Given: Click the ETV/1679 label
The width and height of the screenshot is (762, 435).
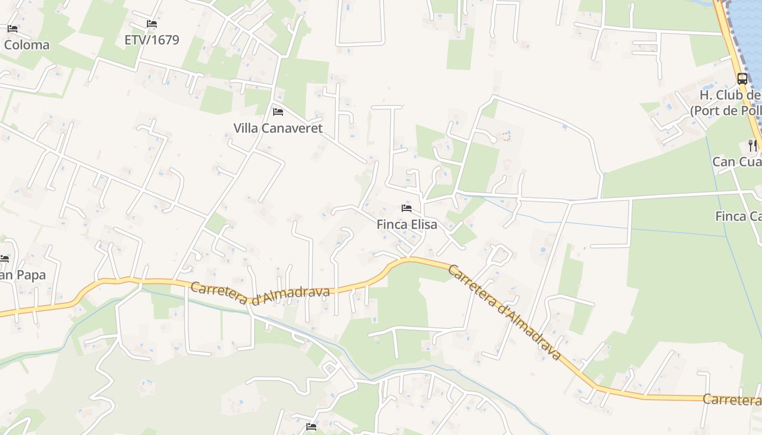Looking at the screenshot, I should pyautogui.click(x=151, y=40).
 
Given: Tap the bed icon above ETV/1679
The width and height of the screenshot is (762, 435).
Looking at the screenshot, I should pyautogui.click(x=151, y=24).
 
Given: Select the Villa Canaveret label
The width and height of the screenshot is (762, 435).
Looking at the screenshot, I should pyautogui.click(x=278, y=128).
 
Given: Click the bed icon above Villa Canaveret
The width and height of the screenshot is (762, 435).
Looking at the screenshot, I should pyautogui.click(x=278, y=112).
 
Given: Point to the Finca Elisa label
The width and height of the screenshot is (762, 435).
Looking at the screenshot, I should pyautogui.click(x=407, y=224).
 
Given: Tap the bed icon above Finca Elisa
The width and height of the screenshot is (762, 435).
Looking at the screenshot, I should pyautogui.click(x=407, y=208).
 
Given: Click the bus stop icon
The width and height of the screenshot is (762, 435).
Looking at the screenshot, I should pyautogui.click(x=742, y=78).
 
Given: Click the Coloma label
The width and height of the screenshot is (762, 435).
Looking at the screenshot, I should pyautogui.click(x=26, y=45).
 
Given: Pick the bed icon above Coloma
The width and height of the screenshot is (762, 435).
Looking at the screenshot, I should pyautogui.click(x=12, y=28).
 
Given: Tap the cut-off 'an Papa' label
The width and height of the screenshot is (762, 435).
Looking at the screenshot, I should pyautogui.click(x=22, y=275).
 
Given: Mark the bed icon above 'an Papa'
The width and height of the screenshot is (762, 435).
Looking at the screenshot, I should pyautogui.click(x=4, y=258).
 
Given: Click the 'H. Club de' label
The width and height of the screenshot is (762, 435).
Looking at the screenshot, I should pyautogui.click(x=729, y=95).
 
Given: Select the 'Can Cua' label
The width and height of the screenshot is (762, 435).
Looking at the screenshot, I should pyautogui.click(x=736, y=162).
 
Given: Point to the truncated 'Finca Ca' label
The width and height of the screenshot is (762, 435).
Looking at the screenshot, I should pyautogui.click(x=738, y=216).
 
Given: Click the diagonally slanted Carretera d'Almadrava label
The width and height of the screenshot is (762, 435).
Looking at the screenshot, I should pyautogui.click(x=503, y=312).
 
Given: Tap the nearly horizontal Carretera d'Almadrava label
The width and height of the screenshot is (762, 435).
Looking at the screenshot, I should pyautogui.click(x=260, y=294).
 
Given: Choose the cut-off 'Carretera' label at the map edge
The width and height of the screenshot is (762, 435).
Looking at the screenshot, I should pyautogui.click(x=732, y=400).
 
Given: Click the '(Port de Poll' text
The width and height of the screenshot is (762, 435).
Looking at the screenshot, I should pyautogui.click(x=725, y=111).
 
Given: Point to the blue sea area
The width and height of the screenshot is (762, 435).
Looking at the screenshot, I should pyautogui.click(x=749, y=33).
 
